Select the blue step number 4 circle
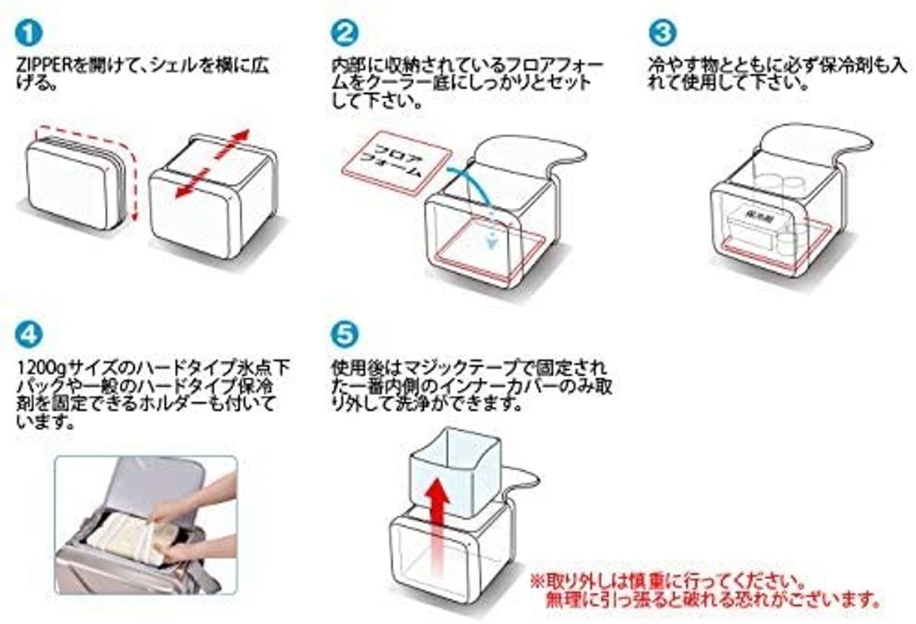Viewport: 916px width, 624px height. pyautogui.click(x=27, y=335)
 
